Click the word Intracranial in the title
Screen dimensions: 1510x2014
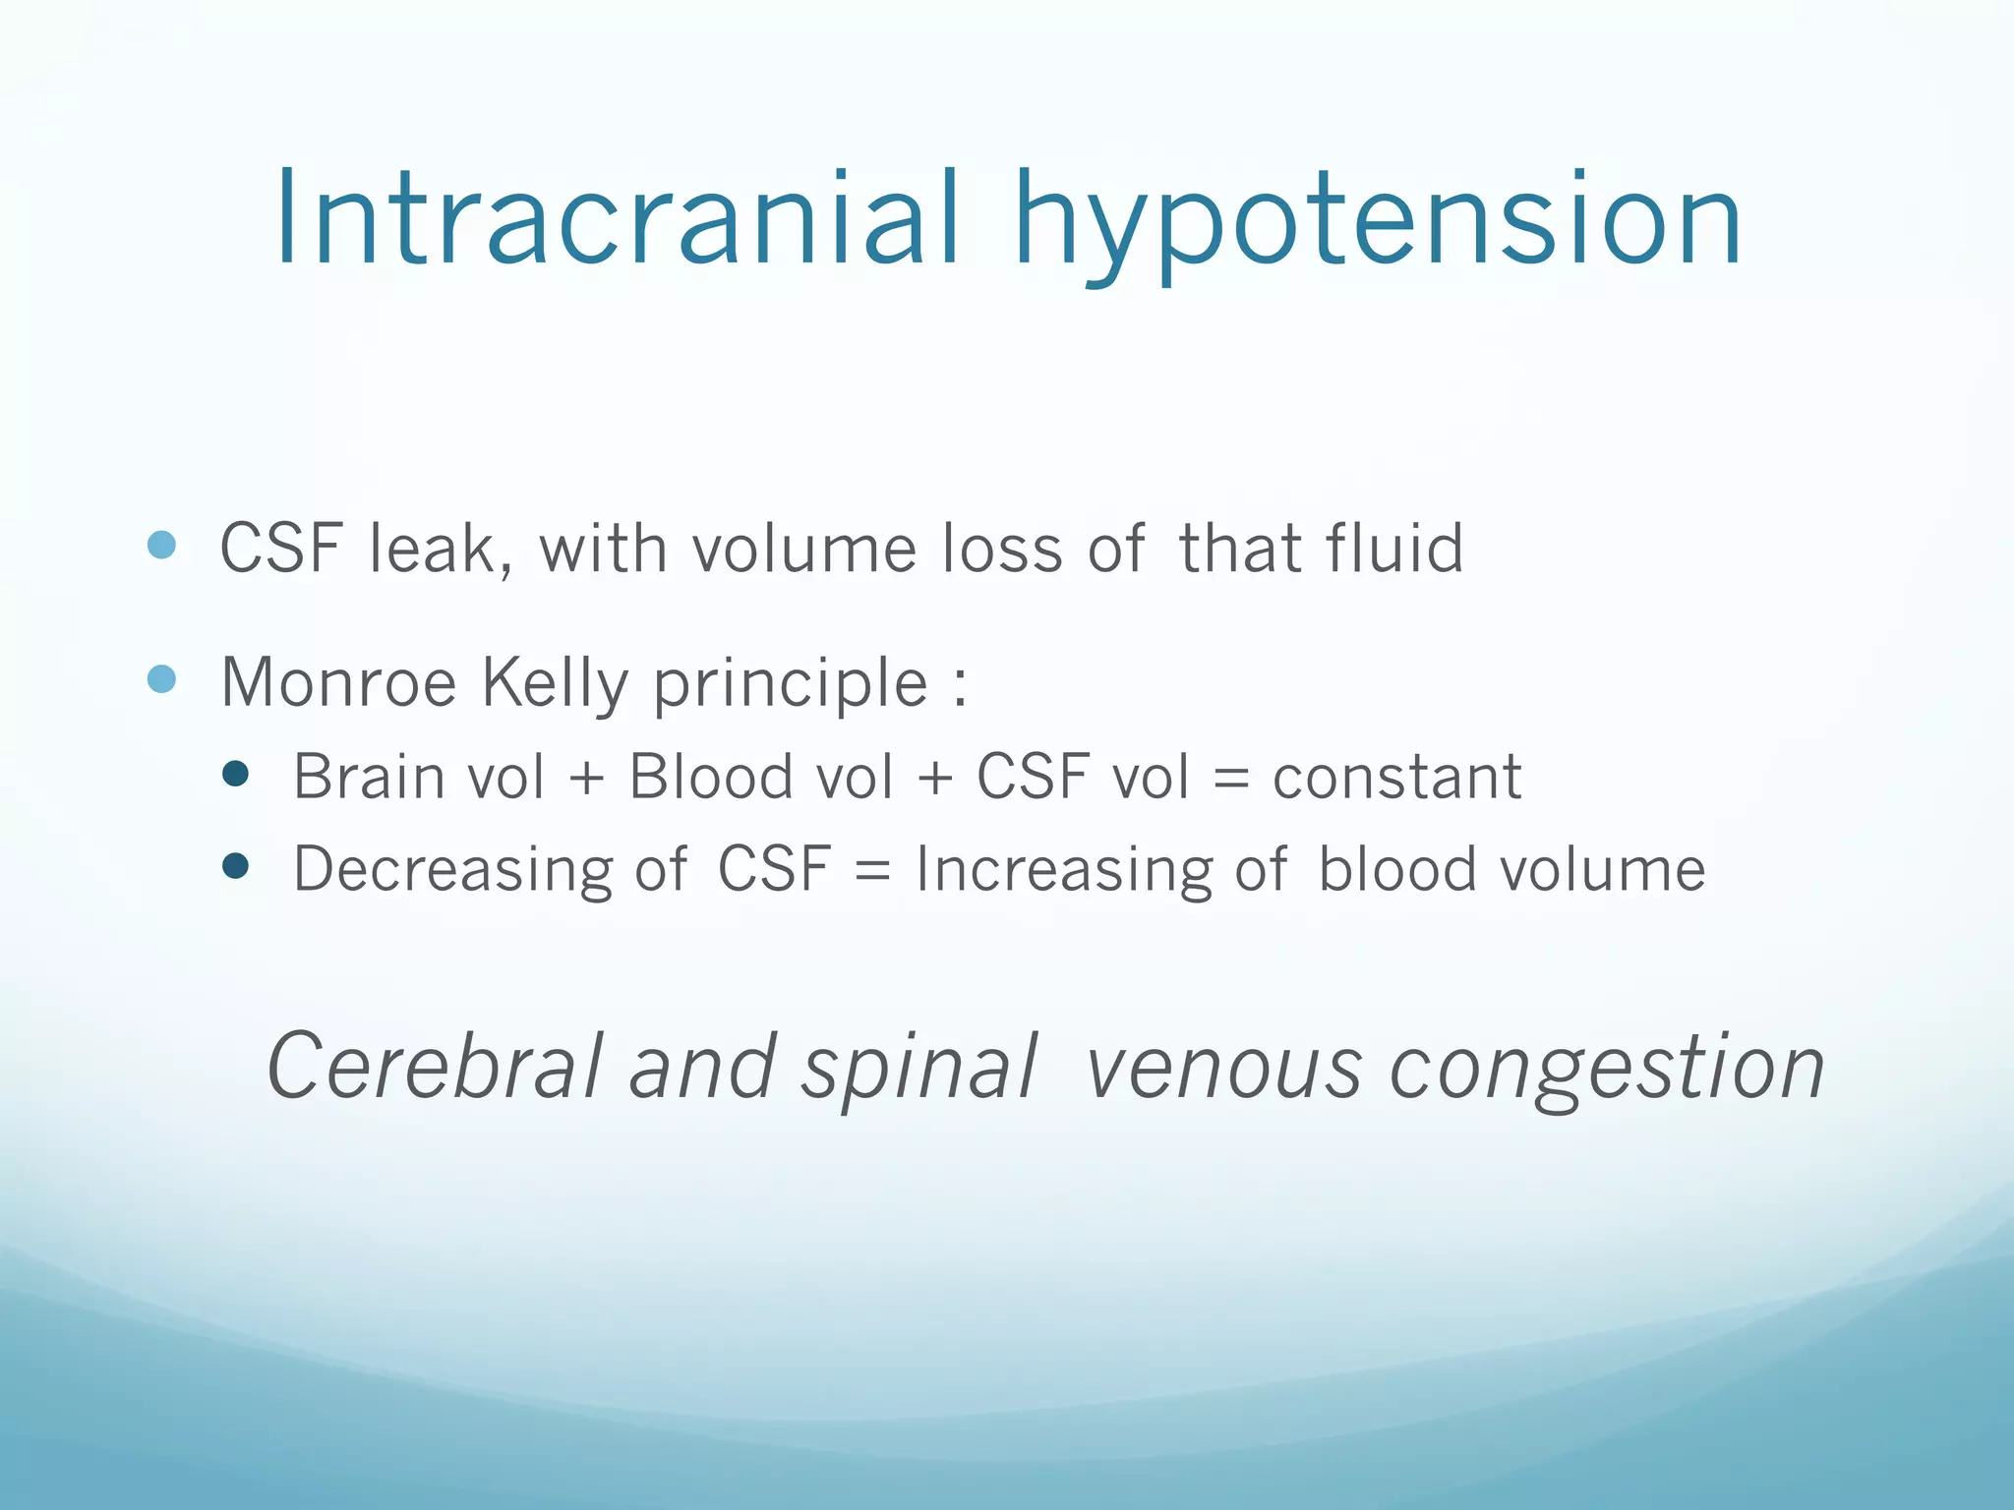tap(616, 218)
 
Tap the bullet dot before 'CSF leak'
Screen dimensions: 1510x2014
tap(161, 545)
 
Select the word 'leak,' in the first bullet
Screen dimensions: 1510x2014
tap(441, 549)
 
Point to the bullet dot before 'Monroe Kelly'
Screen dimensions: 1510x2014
tap(161, 678)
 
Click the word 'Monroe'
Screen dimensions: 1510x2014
tap(338, 682)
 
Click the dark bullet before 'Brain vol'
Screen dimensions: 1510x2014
tap(235, 774)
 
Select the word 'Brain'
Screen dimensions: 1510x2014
tap(368, 777)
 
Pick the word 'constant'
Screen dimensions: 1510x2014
tap(1396, 778)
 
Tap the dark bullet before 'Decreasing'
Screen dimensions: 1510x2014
tap(235, 865)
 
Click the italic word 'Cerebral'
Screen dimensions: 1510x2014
tap(435, 1067)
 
